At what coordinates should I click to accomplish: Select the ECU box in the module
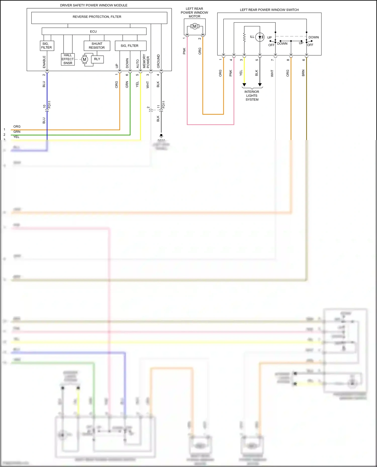[94, 31]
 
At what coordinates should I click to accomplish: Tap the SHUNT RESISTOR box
[97, 46]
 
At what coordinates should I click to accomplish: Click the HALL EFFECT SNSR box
[68, 59]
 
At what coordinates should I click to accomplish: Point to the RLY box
[97, 59]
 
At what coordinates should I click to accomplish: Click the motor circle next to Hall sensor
[84, 59]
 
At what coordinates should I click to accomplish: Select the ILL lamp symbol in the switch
[260, 37]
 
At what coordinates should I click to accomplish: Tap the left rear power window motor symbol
[195, 26]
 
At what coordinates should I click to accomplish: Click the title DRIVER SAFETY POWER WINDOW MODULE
[93, 5]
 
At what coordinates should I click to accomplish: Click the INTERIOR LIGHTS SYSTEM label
[252, 96]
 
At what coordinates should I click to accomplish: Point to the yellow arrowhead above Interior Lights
[244, 85]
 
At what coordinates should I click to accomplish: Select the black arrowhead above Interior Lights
[260, 85]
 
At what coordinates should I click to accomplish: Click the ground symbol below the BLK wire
[161, 136]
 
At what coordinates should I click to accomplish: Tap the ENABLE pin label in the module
[44, 62]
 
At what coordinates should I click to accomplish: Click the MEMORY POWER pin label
[146, 61]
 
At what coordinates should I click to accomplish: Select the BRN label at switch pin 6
[303, 73]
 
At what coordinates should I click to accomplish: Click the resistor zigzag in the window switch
[244, 37]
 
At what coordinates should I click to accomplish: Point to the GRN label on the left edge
[17, 132]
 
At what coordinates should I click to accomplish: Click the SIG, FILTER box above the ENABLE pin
[47, 46]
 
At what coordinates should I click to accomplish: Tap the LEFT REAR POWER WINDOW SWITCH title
[269, 10]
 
